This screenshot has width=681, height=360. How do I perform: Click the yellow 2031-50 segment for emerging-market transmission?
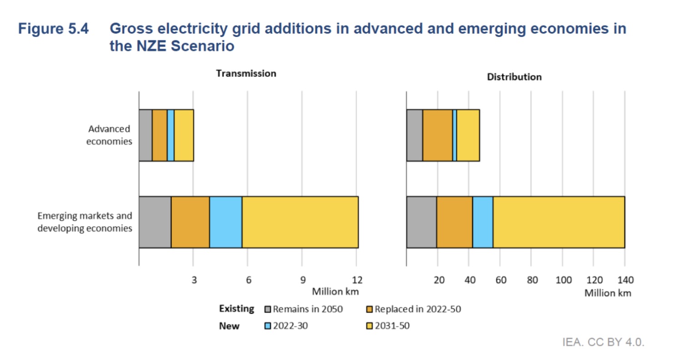[x=300, y=222]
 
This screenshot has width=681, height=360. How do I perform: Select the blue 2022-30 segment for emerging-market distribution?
[x=483, y=222]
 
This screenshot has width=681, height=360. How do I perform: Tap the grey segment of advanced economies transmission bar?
[x=145, y=135]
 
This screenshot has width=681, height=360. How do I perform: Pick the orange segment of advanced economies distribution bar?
[x=437, y=135]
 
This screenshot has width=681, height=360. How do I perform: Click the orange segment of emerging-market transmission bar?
[x=190, y=222]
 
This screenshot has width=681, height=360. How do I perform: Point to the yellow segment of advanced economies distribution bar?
[x=468, y=135]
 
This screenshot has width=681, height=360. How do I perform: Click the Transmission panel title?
[x=246, y=73]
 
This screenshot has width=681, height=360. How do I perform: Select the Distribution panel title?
[x=514, y=77]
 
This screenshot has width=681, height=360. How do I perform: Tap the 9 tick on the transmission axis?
[x=303, y=279]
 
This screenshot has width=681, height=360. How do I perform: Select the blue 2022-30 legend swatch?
[x=268, y=326]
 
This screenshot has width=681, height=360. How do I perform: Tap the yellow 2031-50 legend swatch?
[x=370, y=326]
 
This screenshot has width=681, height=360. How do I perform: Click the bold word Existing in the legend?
[x=236, y=309]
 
